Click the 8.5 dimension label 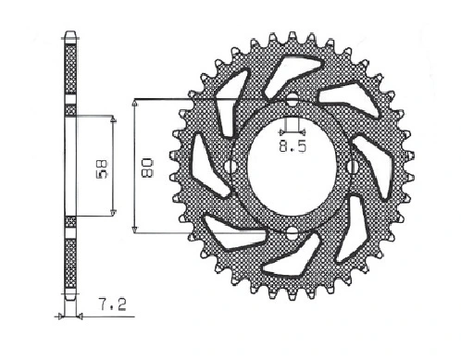pos(293,146)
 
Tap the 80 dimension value pos(146,168)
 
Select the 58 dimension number pos(102,169)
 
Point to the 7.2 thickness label pos(113,304)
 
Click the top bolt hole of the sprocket pos(293,100)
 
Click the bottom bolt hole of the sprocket pos(292,233)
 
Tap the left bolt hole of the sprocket pos(230,167)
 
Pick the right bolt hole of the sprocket pos(354,167)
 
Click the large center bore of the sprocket pos(292,167)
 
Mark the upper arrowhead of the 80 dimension pos(134,103)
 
